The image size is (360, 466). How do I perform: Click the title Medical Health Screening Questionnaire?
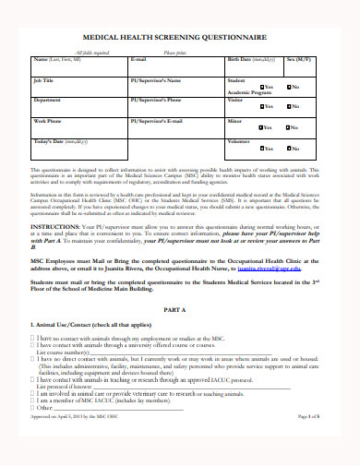click(x=180, y=39)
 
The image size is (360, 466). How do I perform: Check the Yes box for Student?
click(x=261, y=87)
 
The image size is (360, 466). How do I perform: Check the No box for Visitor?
click(x=288, y=107)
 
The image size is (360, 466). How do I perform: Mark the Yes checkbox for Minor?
click(x=261, y=128)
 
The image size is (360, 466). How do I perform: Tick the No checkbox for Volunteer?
click(x=288, y=149)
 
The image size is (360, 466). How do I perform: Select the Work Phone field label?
click(x=49, y=121)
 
